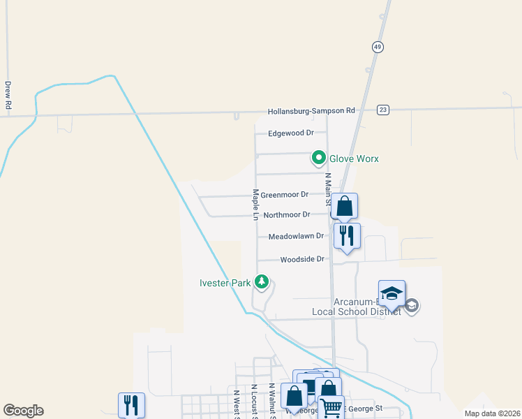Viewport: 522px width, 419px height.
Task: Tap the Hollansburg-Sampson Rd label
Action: (311, 111)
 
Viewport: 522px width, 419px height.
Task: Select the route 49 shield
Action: (378, 46)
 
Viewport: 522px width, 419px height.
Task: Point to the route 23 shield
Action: (383, 110)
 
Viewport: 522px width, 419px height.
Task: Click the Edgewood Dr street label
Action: (291, 133)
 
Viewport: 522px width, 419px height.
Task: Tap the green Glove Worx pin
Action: (319, 159)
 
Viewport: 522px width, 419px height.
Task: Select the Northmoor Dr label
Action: (286, 215)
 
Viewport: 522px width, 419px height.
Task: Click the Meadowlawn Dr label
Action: (296, 237)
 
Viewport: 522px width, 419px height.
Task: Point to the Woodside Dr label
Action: (302, 259)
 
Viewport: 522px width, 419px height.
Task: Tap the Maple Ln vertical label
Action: (255, 205)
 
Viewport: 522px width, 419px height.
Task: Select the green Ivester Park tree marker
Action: (262, 282)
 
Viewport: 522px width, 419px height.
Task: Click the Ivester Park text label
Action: (225, 283)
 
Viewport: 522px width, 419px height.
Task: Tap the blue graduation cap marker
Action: (391, 293)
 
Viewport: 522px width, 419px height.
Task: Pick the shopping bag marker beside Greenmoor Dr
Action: (345, 206)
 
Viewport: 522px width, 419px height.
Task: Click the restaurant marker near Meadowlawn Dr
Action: (347, 235)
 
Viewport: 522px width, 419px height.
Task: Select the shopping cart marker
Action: (331, 407)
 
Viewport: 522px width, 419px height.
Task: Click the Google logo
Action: (23, 411)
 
